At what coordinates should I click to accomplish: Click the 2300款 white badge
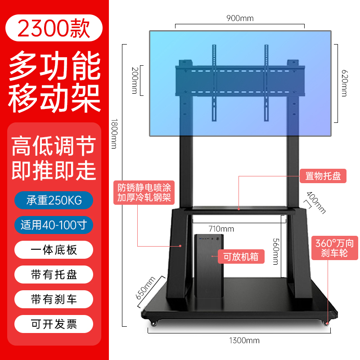pos(54,28)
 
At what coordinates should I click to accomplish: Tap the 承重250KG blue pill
pos(54,200)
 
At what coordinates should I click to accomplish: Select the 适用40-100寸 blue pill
pos(54,225)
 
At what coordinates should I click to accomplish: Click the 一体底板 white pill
pos(54,250)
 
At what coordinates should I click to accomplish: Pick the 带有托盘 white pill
pos(54,274)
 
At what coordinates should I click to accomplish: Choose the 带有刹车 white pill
pos(54,299)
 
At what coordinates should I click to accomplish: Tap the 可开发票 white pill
pos(54,324)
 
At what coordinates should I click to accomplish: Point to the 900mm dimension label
pos(240,18)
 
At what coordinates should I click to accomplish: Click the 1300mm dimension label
pos(244,340)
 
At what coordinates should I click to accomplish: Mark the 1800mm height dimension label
pos(114,134)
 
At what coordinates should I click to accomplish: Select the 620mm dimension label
pos(344,83)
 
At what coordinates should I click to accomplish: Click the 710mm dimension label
pos(221,229)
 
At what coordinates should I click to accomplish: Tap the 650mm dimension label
pos(145,288)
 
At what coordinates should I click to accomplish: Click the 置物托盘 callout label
pos(323,176)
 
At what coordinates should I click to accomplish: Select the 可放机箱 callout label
pos(241,256)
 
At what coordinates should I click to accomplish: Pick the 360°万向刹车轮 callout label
pos(334,248)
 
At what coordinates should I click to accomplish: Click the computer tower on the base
pos(209,265)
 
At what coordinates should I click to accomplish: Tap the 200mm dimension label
pos(135,81)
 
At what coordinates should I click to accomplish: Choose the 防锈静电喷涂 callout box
pos(144,193)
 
